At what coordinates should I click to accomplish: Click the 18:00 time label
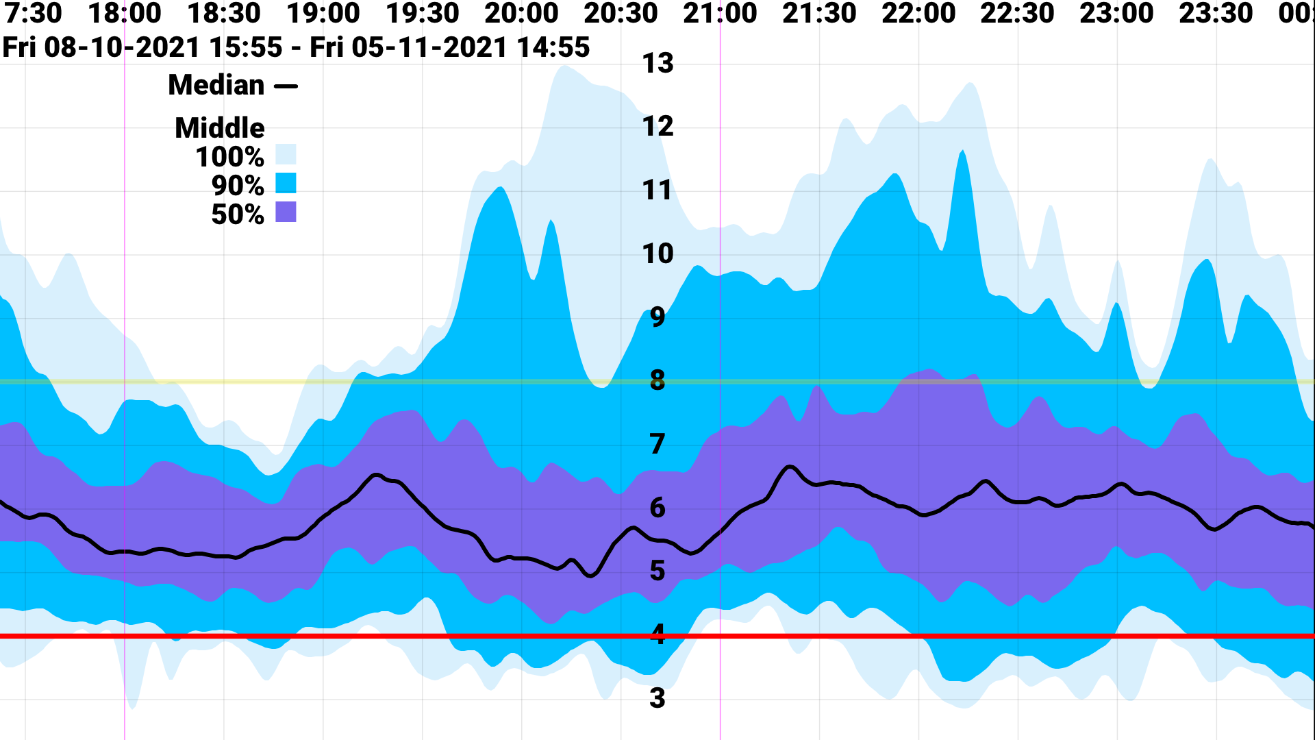point(125,13)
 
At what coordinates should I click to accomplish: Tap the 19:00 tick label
point(323,13)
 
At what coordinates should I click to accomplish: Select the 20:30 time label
point(621,13)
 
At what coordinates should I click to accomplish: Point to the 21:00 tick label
point(720,13)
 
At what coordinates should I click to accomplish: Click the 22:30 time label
point(1017,13)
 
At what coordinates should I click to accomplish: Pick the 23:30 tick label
point(1216,13)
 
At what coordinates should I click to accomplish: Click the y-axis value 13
point(657,64)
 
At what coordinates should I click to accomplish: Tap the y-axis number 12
point(657,127)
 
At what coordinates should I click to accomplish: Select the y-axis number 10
point(657,254)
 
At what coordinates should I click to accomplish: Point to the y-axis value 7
point(657,444)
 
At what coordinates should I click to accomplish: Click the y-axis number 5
point(657,571)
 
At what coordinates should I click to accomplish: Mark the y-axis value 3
point(657,698)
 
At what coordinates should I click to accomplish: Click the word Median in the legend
point(216,86)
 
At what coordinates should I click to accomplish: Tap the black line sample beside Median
point(286,86)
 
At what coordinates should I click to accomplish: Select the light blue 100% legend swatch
point(286,154)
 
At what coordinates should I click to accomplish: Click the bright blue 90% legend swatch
point(286,183)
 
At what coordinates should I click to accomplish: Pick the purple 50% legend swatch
point(286,212)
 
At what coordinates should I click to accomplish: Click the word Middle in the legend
point(220,128)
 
